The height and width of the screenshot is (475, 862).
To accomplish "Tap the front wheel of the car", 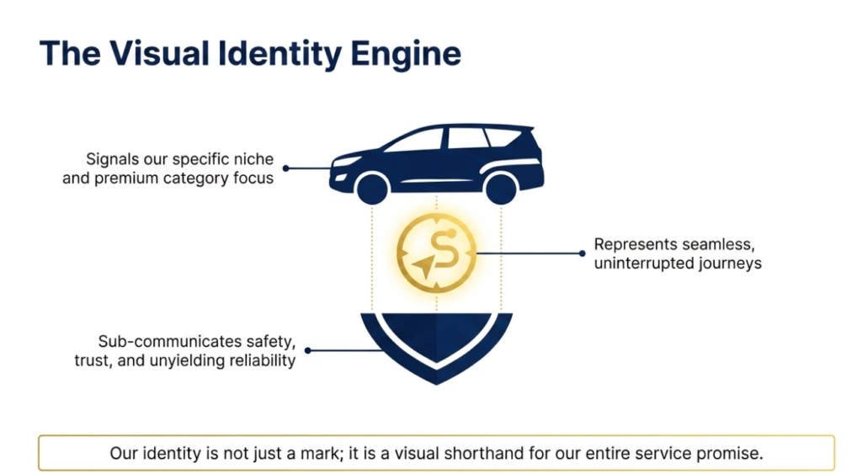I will pyautogui.click(x=372, y=187).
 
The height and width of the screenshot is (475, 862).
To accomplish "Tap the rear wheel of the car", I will pyautogui.click(x=501, y=187).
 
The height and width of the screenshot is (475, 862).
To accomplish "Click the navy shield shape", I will pyautogui.click(x=436, y=345).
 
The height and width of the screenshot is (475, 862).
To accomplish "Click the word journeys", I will pyautogui.click(x=726, y=263).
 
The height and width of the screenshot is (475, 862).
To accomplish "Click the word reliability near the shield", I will pyautogui.click(x=261, y=361).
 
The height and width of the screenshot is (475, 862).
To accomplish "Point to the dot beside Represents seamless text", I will pyautogui.click(x=582, y=253).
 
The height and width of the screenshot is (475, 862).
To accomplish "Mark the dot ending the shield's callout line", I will pyautogui.click(x=308, y=350).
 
